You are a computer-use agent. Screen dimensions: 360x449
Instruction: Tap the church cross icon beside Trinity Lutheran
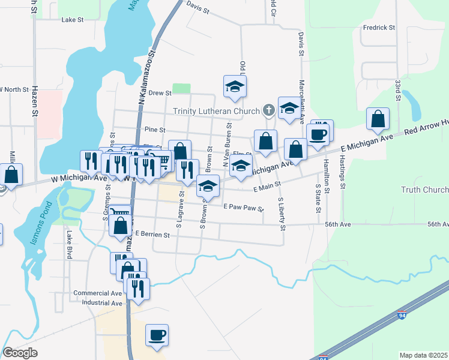[268, 110]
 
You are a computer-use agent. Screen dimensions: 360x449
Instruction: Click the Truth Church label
[424, 190]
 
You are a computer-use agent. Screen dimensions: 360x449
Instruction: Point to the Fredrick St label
[379, 28]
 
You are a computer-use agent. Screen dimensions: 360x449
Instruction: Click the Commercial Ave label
[98, 293]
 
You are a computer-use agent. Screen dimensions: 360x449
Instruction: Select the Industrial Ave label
[102, 303]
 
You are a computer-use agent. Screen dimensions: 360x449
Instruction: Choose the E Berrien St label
[153, 234]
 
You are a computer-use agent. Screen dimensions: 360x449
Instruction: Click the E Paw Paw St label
[243, 208]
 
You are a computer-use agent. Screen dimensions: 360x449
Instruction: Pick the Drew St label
[160, 93]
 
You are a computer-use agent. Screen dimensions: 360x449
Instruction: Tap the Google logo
[20, 353]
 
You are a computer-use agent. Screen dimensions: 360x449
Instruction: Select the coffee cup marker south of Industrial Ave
[157, 335]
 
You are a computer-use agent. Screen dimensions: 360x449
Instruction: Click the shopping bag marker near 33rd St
[378, 119]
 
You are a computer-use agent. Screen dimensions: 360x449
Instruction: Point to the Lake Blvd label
[70, 245]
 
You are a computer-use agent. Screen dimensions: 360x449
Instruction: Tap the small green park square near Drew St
[181, 88]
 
